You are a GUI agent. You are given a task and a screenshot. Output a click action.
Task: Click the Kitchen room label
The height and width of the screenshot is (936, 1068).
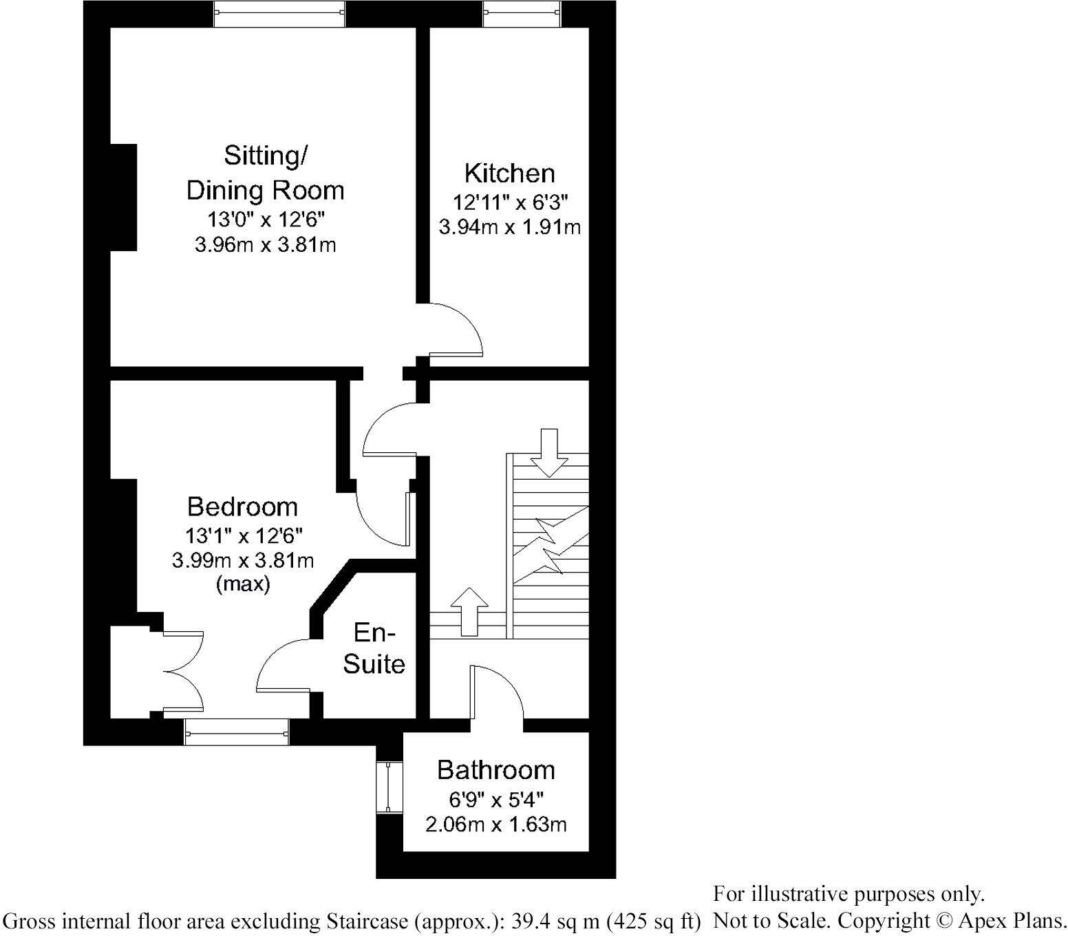(509, 173)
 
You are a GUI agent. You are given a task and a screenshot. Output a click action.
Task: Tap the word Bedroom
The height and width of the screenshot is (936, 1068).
(242, 507)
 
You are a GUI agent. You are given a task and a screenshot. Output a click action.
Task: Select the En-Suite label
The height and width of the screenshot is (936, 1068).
(374, 648)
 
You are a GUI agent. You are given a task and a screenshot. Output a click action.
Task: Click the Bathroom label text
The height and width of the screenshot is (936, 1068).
(495, 770)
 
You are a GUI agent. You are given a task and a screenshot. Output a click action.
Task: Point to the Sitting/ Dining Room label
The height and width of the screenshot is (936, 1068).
(266, 173)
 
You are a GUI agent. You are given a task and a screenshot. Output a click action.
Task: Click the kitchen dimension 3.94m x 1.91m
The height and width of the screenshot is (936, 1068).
(509, 226)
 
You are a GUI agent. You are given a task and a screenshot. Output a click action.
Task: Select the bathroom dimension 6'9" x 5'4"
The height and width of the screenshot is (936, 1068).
(495, 800)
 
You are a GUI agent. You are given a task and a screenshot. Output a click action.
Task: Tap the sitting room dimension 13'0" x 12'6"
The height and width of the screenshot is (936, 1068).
(266, 220)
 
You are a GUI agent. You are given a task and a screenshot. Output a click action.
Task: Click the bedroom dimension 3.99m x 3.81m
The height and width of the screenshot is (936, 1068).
(242, 560)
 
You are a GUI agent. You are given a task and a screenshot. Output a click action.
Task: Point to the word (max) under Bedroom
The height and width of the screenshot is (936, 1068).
(242, 585)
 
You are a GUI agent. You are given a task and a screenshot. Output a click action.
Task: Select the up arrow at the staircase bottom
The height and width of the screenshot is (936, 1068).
(469, 611)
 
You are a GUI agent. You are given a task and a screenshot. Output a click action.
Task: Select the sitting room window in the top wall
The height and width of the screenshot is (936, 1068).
(279, 14)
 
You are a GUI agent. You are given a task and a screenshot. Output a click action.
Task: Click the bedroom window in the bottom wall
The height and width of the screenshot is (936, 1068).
(236, 732)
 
